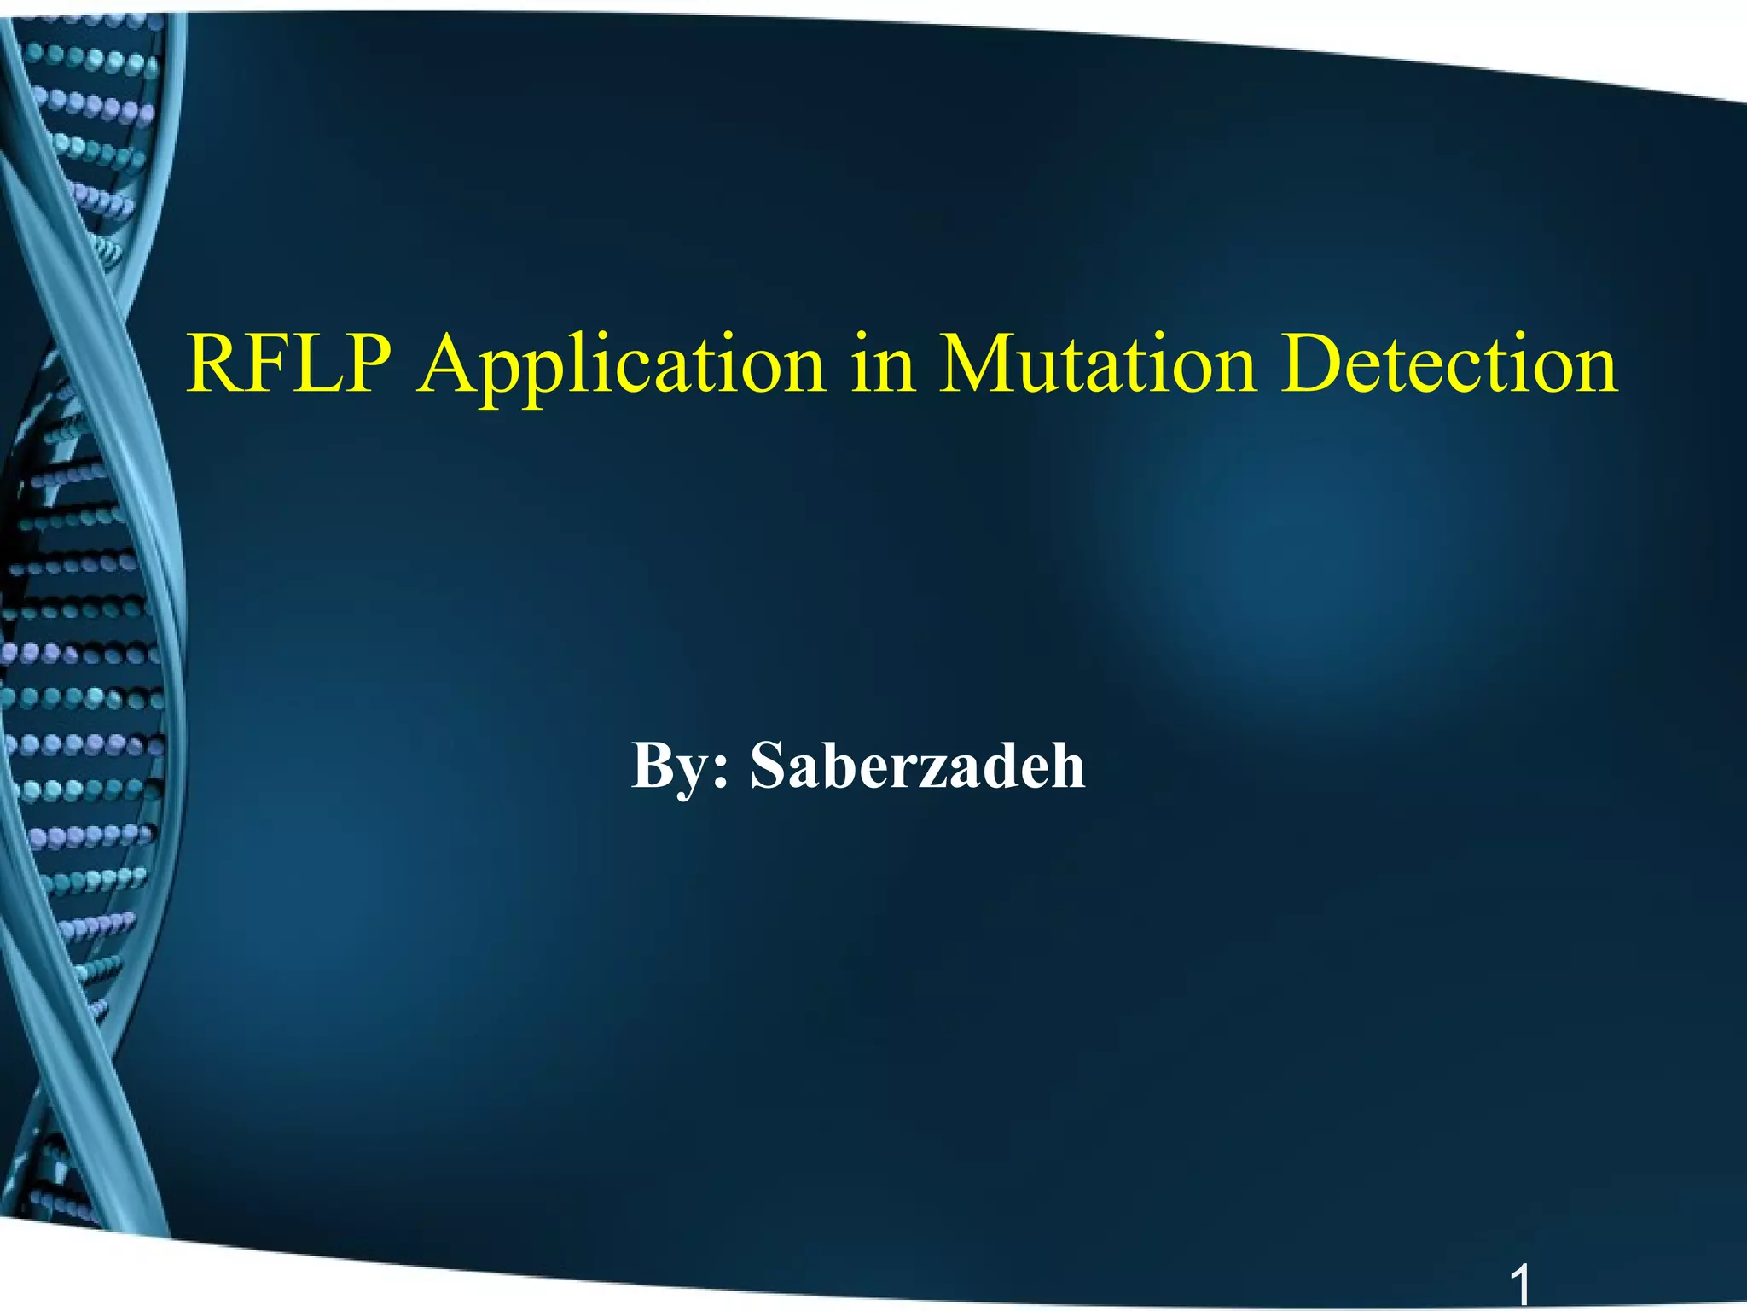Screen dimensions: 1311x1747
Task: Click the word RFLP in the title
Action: (x=289, y=364)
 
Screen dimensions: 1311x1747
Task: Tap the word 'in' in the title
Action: (x=882, y=364)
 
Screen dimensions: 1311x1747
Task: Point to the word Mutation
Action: (x=1097, y=364)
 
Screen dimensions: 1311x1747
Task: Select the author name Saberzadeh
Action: (x=917, y=766)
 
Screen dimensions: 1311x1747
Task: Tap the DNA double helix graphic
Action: (x=85, y=597)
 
